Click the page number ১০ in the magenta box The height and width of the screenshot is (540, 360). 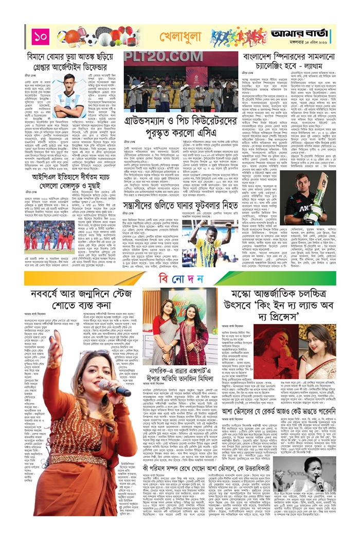point(41,36)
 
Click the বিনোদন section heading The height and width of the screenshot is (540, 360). point(179,278)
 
